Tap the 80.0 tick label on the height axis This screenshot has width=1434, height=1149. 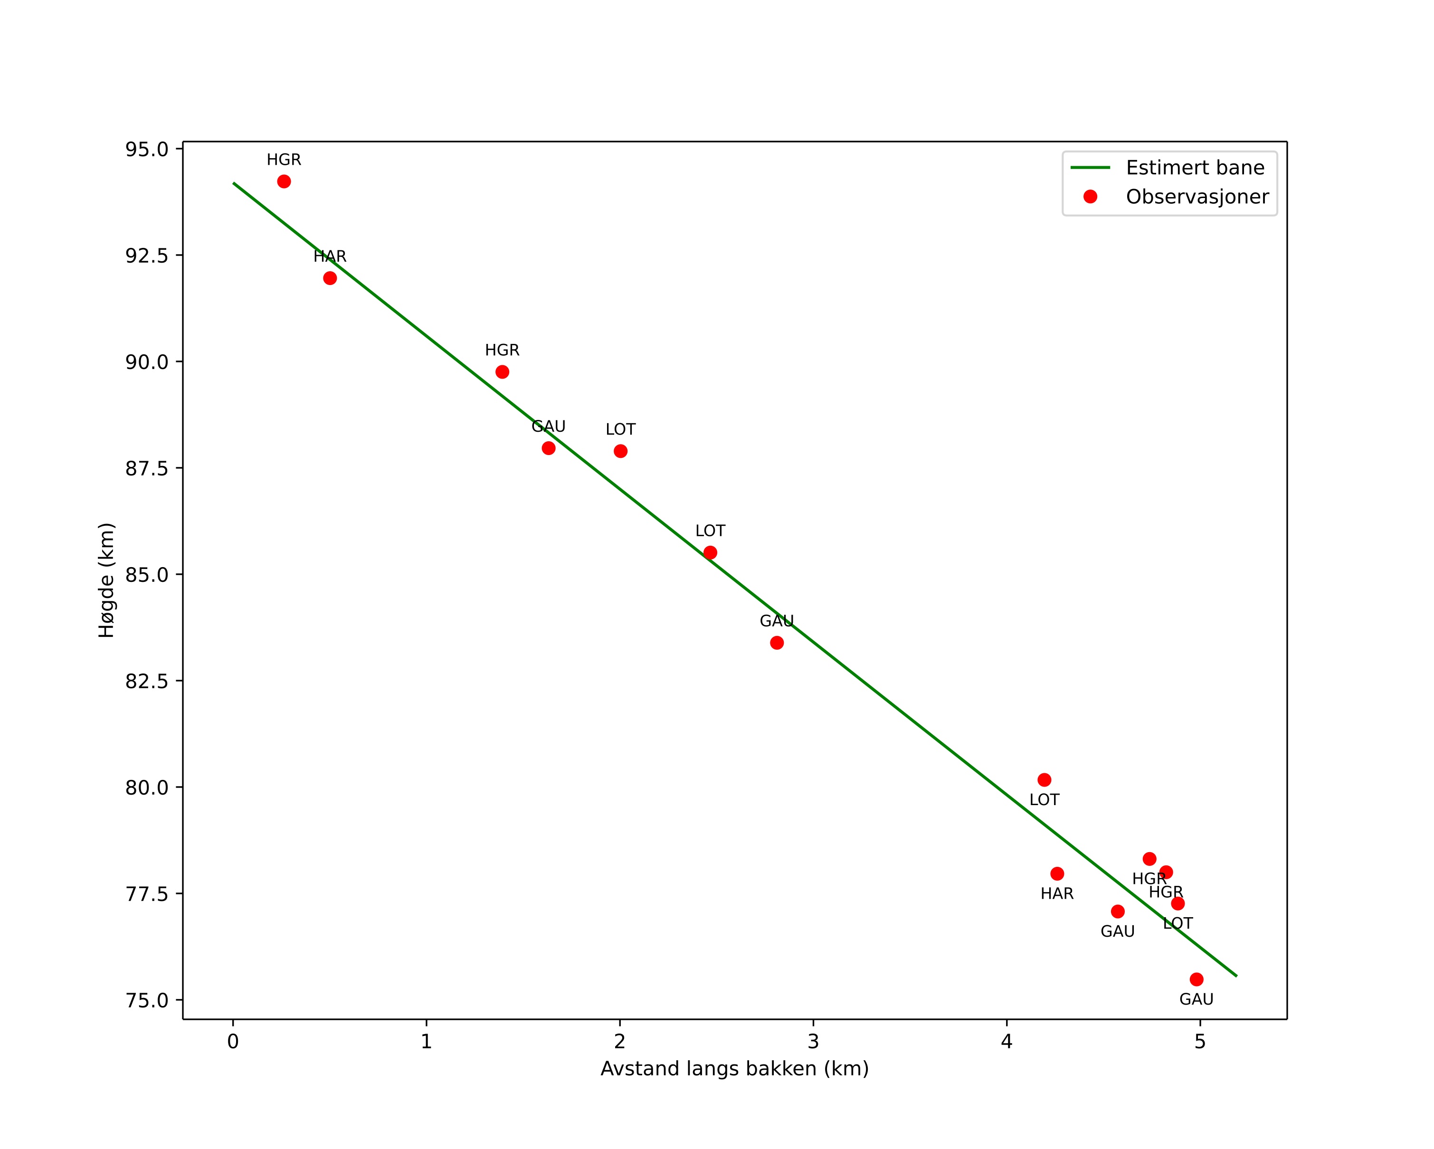point(147,787)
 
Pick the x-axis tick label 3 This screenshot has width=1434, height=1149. point(813,1041)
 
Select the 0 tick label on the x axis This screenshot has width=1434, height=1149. point(233,1041)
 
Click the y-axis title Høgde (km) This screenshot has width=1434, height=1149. point(106,580)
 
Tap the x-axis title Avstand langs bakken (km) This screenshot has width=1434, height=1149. point(734,1069)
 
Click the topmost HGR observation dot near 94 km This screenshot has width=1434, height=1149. point(284,181)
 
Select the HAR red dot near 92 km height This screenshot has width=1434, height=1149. point(330,278)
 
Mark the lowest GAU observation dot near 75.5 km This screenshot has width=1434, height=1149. point(1197,979)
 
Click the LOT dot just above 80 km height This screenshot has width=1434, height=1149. point(1044,780)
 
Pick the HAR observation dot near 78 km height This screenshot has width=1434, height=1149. point(1057,874)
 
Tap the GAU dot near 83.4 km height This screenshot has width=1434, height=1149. point(777,642)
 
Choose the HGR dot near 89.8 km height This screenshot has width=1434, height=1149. point(502,372)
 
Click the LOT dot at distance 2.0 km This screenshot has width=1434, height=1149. point(620,451)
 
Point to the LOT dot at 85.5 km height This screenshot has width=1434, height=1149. point(710,552)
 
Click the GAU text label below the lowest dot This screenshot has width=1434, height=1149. point(1197,999)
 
